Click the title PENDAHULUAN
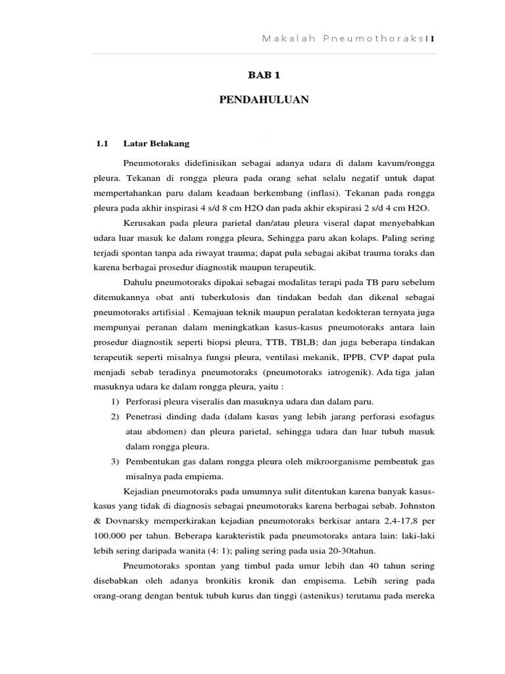pyautogui.click(x=263, y=100)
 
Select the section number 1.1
pyautogui.click(x=101, y=143)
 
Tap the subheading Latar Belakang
pyautogui.click(x=156, y=143)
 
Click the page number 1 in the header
pyautogui.click(x=433, y=38)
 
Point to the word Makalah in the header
pyautogui.click(x=279, y=38)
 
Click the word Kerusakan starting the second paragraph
pyautogui.click(x=145, y=222)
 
